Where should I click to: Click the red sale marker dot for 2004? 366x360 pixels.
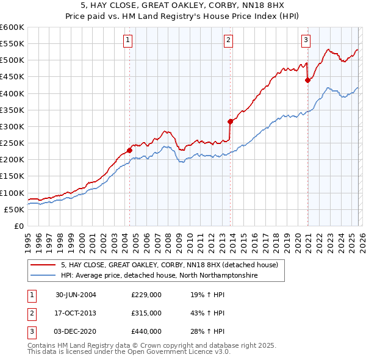129,150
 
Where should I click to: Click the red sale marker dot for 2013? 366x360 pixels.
230,121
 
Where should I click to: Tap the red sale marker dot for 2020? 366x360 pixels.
307,80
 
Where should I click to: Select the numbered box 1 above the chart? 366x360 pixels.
127,40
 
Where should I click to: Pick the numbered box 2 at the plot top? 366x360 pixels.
228,40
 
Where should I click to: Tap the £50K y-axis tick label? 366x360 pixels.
15,209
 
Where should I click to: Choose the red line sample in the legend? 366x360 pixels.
43,265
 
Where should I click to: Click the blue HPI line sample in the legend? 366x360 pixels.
43,276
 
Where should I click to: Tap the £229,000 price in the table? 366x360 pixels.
146,295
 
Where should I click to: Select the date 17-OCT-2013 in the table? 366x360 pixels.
76,313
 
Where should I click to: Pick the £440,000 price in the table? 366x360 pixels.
146,331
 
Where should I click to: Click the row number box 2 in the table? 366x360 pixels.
31,313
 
